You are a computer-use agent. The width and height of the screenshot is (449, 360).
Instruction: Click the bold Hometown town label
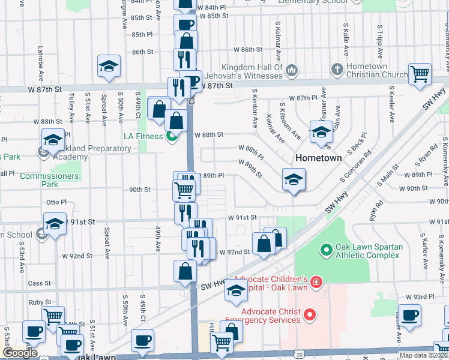tap(318, 158)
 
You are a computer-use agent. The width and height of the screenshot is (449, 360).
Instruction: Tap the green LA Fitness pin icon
tap(172, 136)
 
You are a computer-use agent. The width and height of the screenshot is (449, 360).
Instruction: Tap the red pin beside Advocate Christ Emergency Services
tap(310, 314)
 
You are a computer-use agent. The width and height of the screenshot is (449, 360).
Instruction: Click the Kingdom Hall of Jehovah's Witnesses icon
tap(292, 71)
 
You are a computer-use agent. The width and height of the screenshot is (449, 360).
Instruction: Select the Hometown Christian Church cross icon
tap(339, 70)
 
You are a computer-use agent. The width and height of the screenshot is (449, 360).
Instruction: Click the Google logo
tap(20, 352)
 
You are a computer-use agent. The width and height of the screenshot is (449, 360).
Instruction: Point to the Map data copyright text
tap(423, 355)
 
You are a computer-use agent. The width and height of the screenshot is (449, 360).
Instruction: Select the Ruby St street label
tap(54, 302)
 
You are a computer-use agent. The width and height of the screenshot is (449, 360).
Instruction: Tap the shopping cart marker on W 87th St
tap(420, 74)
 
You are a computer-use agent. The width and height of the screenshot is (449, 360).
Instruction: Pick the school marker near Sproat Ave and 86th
tap(109, 67)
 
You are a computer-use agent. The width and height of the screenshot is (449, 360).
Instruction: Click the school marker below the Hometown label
tap(294, 179)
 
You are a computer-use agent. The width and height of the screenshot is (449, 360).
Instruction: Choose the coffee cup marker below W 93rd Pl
tap(410, 315)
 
